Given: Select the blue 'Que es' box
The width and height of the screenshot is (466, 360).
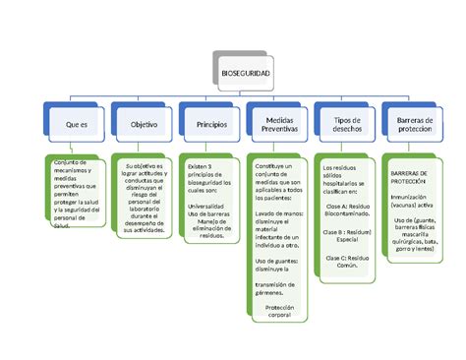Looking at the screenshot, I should click(x=77, y=125).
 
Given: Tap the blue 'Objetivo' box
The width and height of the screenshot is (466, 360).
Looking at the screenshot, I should click(x=144, y=125).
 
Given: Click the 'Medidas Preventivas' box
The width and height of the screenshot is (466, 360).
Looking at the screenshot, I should click(x=279, y=125).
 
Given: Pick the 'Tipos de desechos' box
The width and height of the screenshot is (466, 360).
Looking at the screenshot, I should click(x=347, y=125).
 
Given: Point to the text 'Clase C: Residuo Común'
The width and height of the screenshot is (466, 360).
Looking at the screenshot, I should click(x=346, y=261).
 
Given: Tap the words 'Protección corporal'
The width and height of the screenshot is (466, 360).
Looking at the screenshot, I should click(x=280, y=312).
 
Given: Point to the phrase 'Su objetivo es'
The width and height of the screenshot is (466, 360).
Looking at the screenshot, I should click(x=146, y=168).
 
